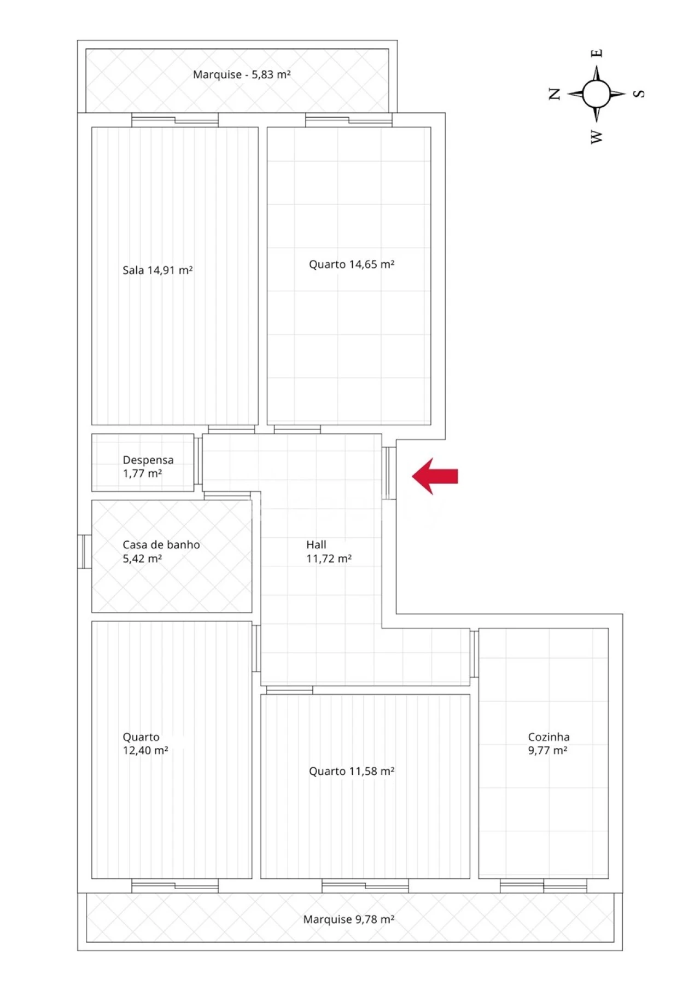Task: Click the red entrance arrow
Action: pyautogui.click(x=435, y=476)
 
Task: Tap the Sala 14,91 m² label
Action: pyautogui.click(x=157, y=270)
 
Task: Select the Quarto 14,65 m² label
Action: pyautogui.click(x=352, y=264)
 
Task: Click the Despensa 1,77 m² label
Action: pyautogui.click(x=148, y=467)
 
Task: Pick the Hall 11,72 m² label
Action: pyautogui.click(x=328, y=552)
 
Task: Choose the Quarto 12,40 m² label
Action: pyautogui.click(x=145, y=744)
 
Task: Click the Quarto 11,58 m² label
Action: pyautogui.click(x=352, y=771)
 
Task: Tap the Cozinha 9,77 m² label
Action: pyautogui.click(x=548, y=744)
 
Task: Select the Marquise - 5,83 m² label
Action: pyautogui.click(x=241, y=74)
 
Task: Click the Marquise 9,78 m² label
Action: pyautogui.click(x=349, y=919)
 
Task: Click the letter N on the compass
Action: pyautogui.click(x=555, y=94)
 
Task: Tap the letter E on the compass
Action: pyautogui.click(x=597, y=53)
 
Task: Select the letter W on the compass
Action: pyautogui.click(x=596, y=136)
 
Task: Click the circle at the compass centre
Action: pyautogui.click(x=596, y=94)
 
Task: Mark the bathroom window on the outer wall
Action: pyautogui.click(x=85, y=552)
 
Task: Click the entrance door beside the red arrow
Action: pyautogui.click(x=389, y=473)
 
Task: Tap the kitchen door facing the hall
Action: pyautogui.click(x=474, y=654)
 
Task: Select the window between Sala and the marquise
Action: pyautogui.click(x=175, y=120)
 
